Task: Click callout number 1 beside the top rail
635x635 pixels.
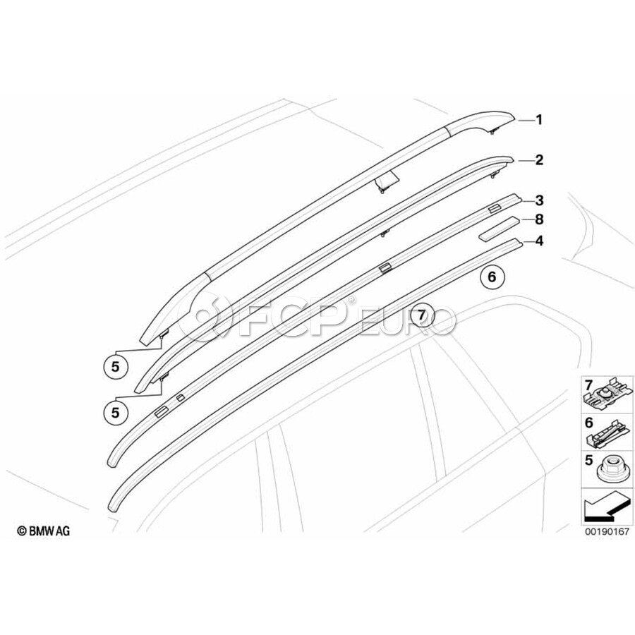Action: (x=539, y=120)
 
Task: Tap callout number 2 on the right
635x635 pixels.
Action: (x=539, y=160)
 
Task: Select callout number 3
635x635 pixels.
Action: (x=539, y=200)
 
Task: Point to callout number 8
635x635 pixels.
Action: (x=539, y=220)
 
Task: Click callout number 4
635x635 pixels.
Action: (x=539, y=241)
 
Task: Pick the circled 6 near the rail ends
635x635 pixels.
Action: (x=492, y=277)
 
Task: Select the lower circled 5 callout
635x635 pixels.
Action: (x=115, y=409)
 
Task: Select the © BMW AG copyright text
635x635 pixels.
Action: (x=44, y=530)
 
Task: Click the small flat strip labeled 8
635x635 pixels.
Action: (x=501, y=230)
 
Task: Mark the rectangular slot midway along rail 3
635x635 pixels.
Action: (x=385, y=267)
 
